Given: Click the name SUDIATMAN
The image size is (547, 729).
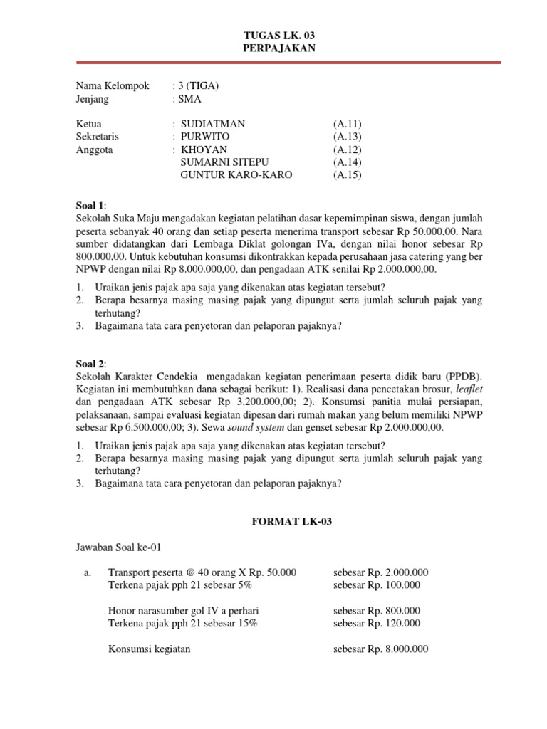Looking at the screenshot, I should (212, 124).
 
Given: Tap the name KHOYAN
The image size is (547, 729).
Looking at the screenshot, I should (204, 150).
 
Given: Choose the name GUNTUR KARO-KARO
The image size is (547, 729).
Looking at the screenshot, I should (236, 175).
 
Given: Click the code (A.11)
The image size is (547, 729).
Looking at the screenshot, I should (347, 124).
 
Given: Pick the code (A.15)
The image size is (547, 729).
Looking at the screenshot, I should (347, 175).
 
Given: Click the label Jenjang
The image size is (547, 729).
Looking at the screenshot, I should (95, 99).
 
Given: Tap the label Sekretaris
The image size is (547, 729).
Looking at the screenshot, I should (98, 137).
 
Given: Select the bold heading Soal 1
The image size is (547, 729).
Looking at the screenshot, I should (90, 205).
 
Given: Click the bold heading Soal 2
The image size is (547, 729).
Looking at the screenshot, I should (90, 362).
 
